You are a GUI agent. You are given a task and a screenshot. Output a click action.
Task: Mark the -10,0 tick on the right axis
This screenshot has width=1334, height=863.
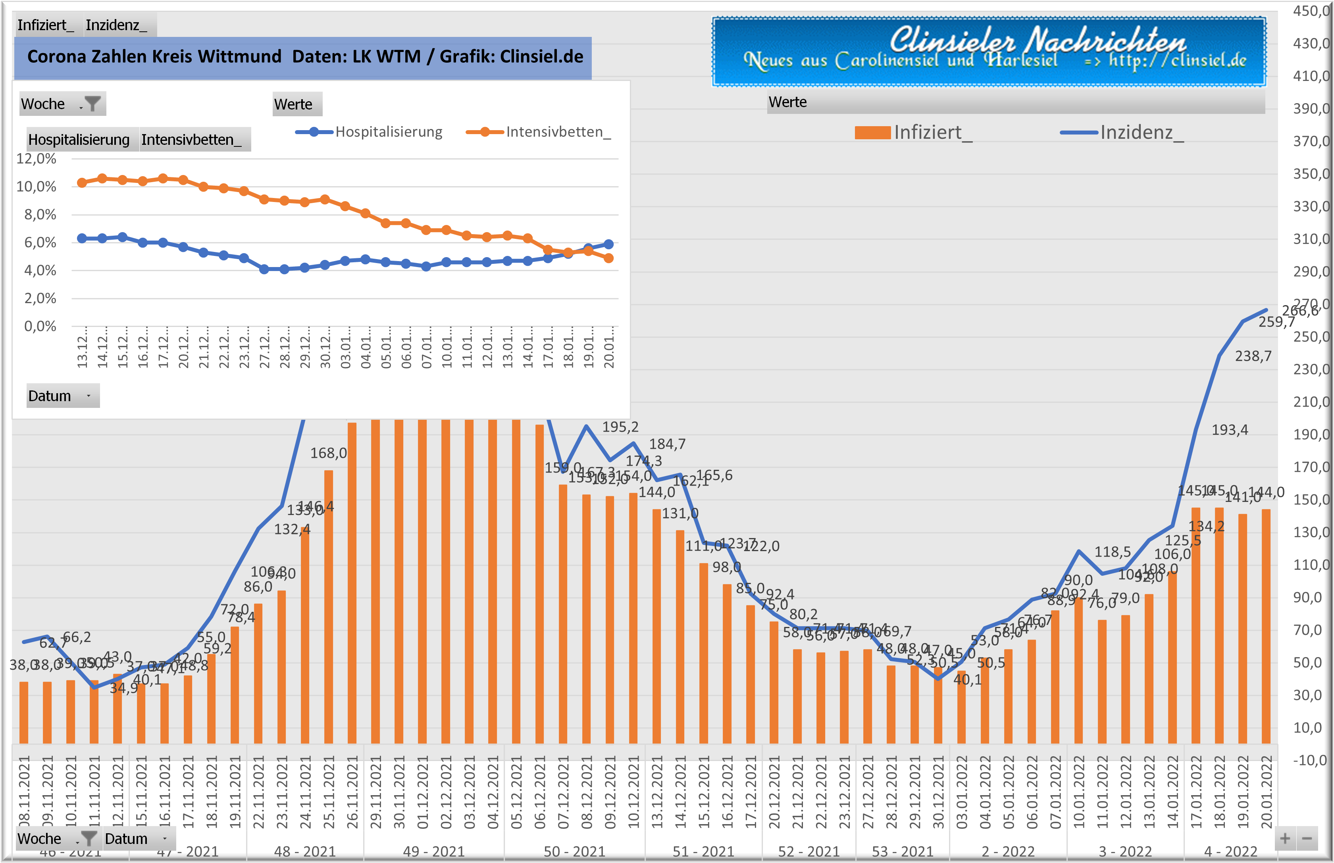point(1309,761)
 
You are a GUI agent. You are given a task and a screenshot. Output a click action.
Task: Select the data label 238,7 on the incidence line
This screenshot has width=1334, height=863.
point(1253,356)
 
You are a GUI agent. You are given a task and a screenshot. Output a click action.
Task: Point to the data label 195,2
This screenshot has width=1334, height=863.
point(620,427)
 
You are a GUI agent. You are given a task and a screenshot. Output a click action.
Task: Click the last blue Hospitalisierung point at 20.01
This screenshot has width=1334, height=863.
point(609,244)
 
